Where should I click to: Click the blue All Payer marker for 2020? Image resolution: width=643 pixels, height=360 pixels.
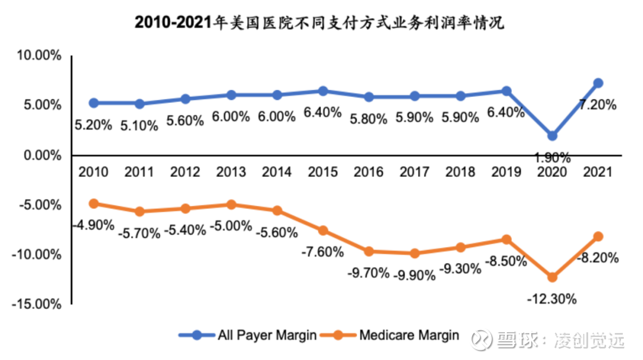[x=553, y=136]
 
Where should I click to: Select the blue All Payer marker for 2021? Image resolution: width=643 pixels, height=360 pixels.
[x=598, y=83]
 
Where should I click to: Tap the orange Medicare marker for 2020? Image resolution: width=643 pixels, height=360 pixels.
[x=553, y=277]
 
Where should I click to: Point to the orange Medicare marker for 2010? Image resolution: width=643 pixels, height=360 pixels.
[x=93, y=204]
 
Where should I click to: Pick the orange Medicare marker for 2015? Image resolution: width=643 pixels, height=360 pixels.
[x=323, y=230]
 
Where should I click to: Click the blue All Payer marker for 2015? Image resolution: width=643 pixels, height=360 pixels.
[x=323, y=91]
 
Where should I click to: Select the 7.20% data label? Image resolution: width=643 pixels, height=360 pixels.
[x=598, y=105]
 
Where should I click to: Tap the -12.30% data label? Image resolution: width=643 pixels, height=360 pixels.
[x=552, y=299]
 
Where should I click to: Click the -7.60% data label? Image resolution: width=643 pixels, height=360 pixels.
[x=323, y=252]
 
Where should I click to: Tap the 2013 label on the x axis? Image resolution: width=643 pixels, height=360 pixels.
[x=231, y=172]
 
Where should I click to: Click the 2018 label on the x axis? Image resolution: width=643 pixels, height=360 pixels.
[x=461, y=172]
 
